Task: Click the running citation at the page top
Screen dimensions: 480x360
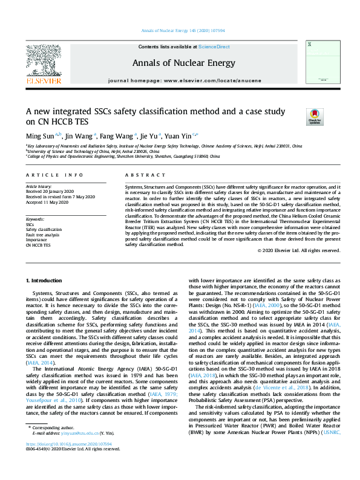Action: (180, 31)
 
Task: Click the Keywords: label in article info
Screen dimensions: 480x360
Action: (35, 218)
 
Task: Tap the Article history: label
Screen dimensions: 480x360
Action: (39, 187)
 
